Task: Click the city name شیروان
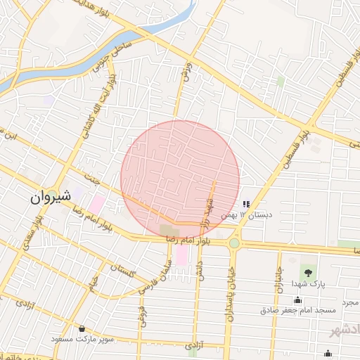tap(51, 198)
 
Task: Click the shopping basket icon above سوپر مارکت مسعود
tap(82, 328)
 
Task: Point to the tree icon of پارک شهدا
tap(308, 270)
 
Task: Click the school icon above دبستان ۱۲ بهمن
tap(246, 203)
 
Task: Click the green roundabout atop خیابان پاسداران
tap(233, 243)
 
